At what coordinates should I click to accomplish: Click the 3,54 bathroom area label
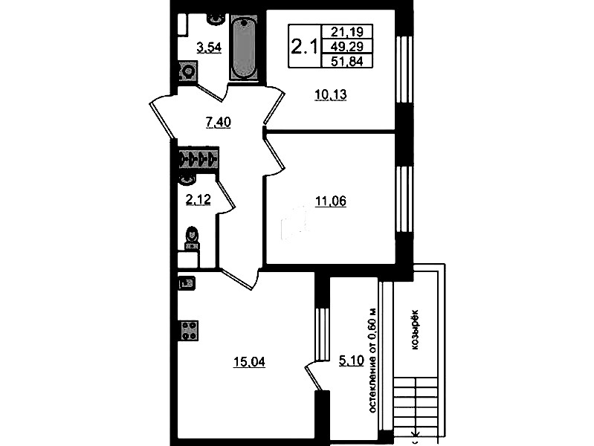pos(209,48)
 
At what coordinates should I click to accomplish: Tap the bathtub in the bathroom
pos(243,48)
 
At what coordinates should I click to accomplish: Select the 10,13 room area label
pos(331,94)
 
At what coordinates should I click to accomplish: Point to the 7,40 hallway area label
pos(219,123)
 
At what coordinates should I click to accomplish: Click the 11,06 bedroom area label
pos(331,201)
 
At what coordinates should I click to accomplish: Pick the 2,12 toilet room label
pos(198,199)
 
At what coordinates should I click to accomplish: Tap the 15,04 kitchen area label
pos(249,362)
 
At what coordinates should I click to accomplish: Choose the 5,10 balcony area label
pos(351,361)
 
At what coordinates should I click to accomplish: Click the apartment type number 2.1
pos(303,48)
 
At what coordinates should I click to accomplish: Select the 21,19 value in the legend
pos(347,31)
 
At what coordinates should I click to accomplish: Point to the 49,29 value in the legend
pos(347,46)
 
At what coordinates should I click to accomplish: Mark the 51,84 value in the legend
pos(347,61)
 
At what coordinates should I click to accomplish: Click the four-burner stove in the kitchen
pos(189,331)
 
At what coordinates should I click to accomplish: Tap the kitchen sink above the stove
pos(187,283)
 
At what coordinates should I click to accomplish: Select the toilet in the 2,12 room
pos(192,238)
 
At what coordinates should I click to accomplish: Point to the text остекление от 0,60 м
pos(372,361)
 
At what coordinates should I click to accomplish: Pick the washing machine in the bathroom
pos(187,71)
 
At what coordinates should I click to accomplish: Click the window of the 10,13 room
pos(404,69)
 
